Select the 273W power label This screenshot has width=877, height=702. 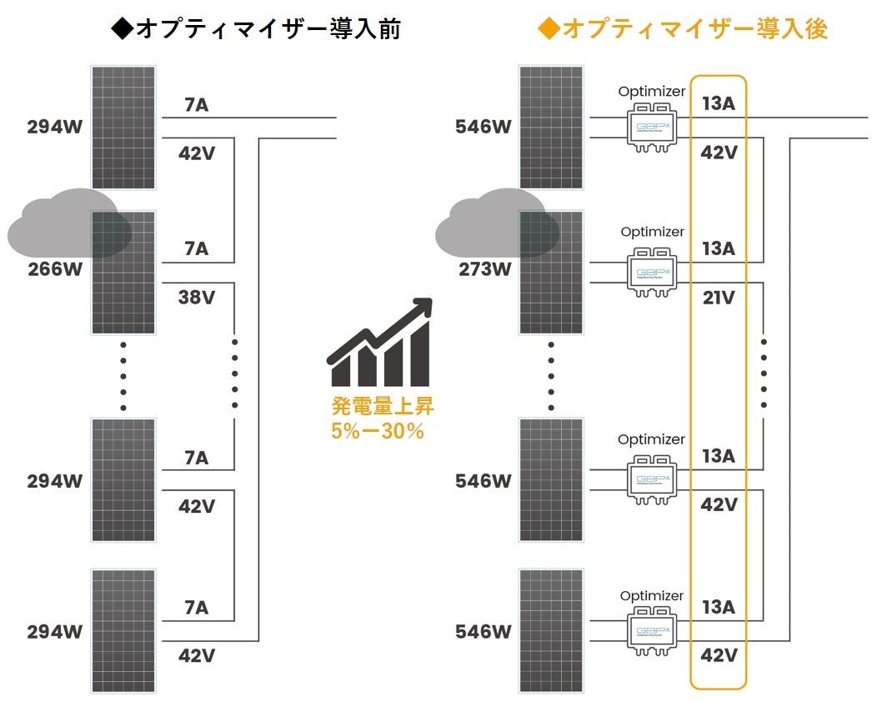click(484, 269)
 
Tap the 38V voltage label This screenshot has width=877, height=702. click(197, 296)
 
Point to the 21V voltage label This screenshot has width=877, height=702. click(718, 297)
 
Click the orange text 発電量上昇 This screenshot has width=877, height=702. click(383, 408)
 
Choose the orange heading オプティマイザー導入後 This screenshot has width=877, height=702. click(684, 29)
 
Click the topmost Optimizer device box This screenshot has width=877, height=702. click(652, 127)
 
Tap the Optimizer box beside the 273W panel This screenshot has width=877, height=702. click(652, 272)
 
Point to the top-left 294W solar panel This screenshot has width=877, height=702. click(123, 127)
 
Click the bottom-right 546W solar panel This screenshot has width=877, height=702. click(552, 631)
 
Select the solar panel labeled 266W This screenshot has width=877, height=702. click(123, 273)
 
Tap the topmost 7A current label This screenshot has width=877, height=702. click(197, 105)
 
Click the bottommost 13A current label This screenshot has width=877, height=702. click(718, 606)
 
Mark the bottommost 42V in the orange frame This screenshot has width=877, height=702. click(718, 654)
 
